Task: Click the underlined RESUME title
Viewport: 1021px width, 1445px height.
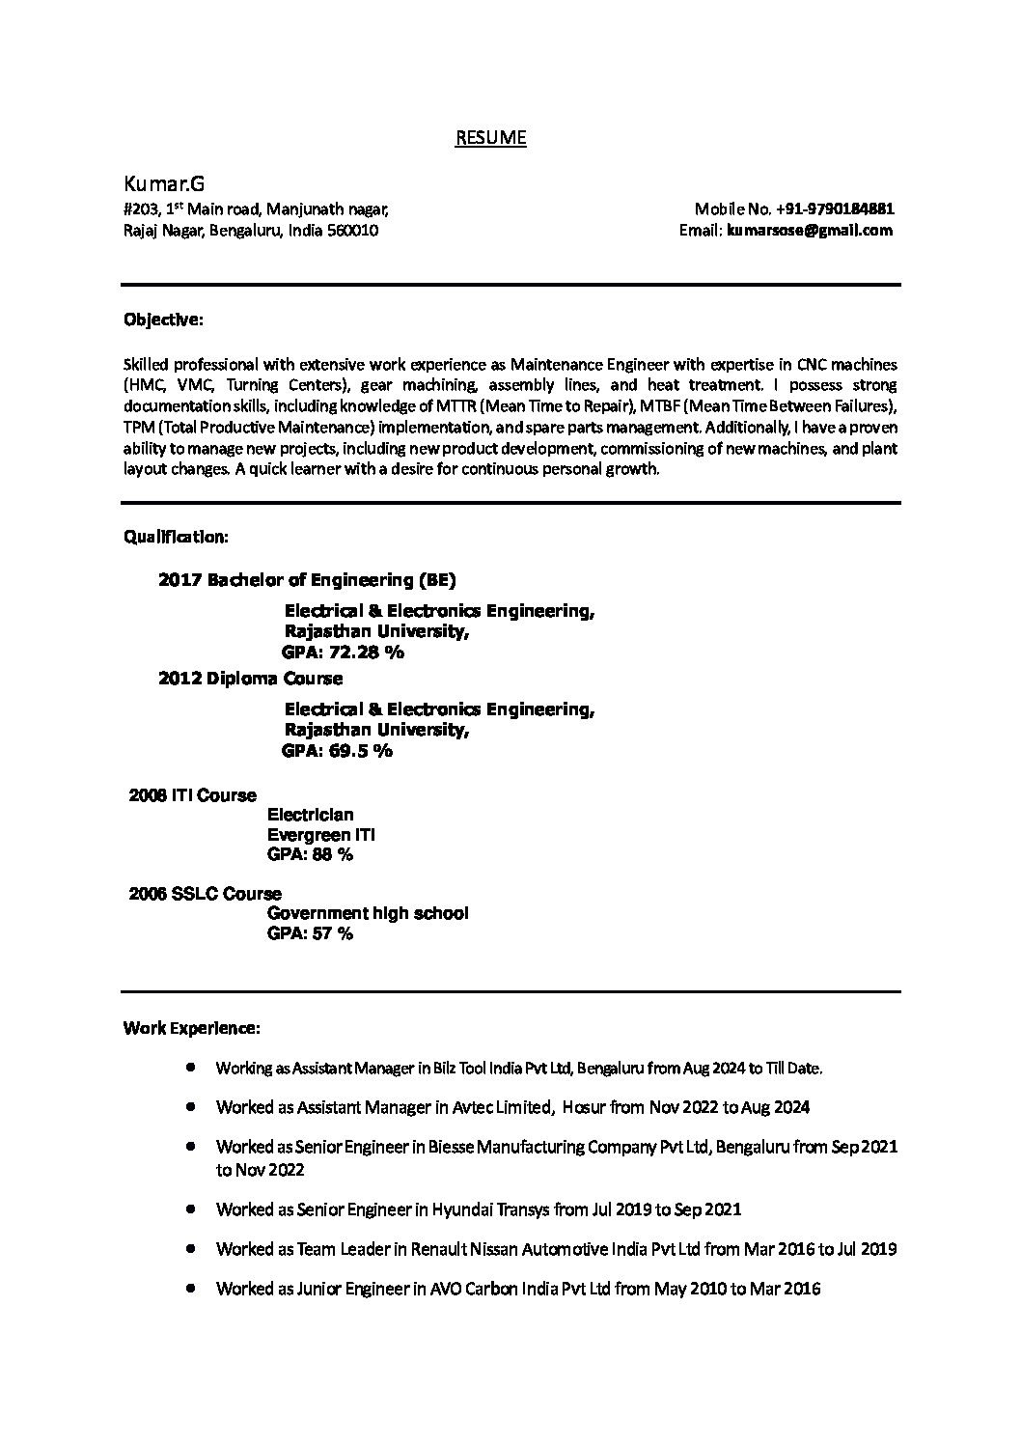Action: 490,138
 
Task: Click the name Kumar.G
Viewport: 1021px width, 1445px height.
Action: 164,183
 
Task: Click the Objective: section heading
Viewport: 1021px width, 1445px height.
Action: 163,319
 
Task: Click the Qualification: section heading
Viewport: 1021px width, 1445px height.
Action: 176,536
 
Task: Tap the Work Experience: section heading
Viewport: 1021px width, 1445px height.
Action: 191,1028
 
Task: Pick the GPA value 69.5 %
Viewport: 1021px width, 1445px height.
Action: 360,751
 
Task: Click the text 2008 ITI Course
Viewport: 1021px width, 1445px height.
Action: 193,795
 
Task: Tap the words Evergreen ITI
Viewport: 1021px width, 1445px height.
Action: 321,835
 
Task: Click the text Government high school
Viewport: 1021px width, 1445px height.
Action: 368,913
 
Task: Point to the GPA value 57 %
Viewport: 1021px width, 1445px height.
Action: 333,933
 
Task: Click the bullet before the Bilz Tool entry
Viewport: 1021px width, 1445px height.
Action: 193,1068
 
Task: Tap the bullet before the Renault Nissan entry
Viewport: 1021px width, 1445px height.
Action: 193,1248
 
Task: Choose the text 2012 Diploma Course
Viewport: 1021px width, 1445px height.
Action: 250,679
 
